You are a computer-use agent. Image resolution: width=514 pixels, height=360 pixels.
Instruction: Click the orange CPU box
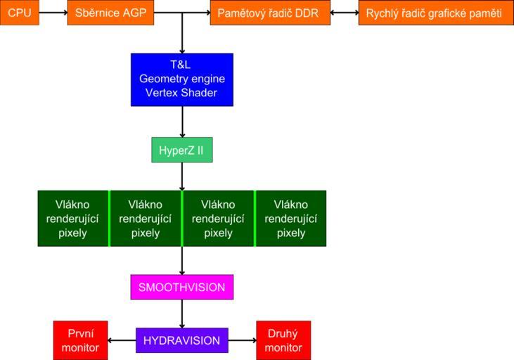20,13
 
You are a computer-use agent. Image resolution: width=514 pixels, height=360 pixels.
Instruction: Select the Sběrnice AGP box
110,13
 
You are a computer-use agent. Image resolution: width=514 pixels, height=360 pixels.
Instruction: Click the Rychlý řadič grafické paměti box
434,13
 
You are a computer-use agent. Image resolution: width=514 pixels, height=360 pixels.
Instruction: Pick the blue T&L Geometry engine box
182,79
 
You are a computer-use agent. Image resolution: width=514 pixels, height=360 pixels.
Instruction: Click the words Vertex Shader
182,93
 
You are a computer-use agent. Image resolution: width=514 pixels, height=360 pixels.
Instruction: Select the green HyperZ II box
182,150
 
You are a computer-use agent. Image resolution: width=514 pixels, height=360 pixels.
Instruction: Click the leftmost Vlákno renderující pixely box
73,218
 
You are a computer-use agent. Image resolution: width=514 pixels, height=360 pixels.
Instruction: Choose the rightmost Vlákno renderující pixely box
291,218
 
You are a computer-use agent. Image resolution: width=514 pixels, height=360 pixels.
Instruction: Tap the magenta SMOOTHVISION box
182,287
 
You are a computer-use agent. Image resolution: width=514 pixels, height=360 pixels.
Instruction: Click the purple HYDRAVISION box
182,340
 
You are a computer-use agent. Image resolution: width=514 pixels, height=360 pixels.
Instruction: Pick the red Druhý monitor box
283,340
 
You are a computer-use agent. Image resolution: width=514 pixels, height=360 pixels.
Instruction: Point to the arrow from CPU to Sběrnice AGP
53,13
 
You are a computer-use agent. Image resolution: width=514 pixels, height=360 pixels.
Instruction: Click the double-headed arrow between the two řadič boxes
344,13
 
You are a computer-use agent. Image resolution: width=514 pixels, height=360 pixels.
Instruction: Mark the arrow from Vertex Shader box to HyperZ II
182,122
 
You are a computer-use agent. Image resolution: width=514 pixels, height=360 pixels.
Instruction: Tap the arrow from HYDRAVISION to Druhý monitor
243,340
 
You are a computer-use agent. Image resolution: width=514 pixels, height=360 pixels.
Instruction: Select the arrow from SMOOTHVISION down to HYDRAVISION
182,314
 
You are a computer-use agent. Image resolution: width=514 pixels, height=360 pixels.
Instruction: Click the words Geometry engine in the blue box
182,79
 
